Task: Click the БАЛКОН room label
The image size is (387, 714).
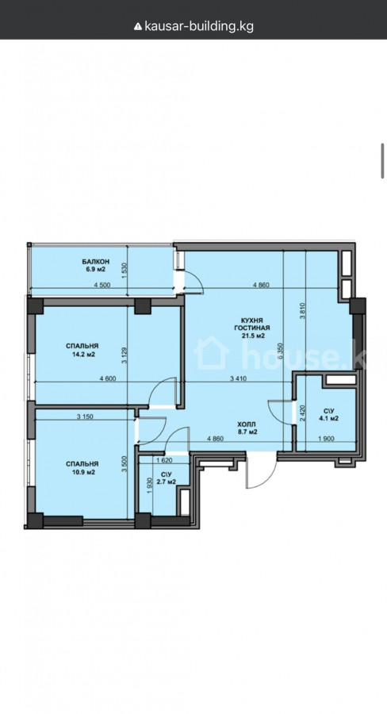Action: click(96, 261)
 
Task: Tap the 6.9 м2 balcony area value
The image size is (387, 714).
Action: click(96, 269)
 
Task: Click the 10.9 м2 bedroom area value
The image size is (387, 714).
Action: click(82, 472)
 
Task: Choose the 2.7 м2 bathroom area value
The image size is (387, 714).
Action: click(165, 482)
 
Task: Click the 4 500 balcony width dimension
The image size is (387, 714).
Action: click(102, 286)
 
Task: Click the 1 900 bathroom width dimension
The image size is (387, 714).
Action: click(327, 439)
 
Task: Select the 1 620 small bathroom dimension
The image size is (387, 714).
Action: click(164, 460)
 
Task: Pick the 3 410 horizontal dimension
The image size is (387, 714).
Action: click(239, 378)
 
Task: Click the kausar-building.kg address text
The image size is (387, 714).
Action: click(199, 26)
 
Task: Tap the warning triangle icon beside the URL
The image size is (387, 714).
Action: click(138, 26)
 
